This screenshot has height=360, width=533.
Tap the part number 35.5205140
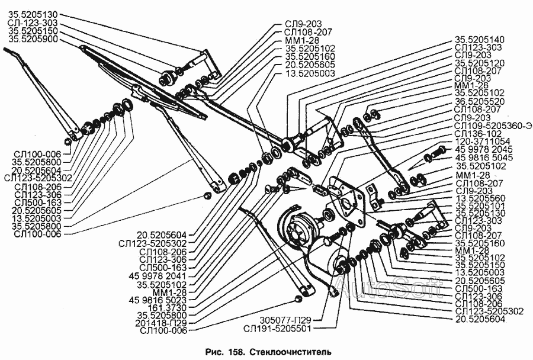tap(480, 39)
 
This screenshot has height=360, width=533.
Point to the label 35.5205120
tap(480, 62)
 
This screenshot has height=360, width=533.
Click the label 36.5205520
tap(480, 101)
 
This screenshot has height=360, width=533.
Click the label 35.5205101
tap(480, 205)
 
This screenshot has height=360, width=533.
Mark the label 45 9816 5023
tap(160, 300)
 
